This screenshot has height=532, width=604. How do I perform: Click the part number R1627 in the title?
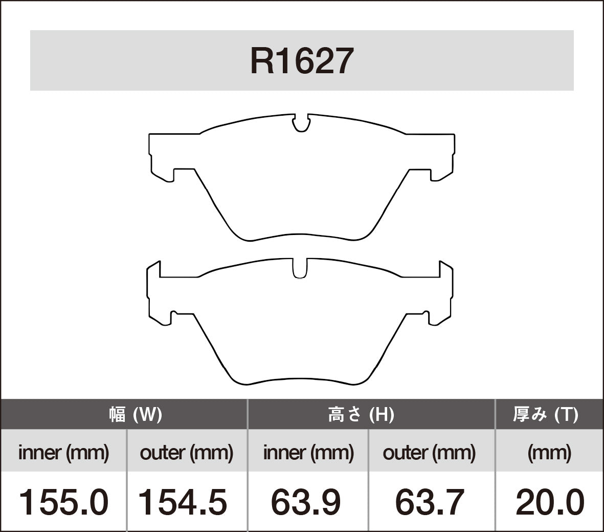click(302, 61)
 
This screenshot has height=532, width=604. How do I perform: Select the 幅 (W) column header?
click(136, 414)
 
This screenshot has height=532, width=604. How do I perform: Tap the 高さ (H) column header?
click(361, 414)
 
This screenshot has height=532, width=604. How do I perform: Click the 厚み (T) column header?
click(545, 414)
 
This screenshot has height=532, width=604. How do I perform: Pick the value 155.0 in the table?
click(64, 502)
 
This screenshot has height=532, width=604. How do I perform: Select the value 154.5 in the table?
click(183, 502)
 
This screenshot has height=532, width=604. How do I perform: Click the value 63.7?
click(430, 502)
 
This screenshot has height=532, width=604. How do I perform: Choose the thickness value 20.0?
click(549, 502)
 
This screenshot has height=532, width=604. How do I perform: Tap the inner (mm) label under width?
click(64, 453)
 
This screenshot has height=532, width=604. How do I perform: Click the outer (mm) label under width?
click(187, 453)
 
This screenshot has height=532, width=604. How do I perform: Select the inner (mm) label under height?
click(308, 453)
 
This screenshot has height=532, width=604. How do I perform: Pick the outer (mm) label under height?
click(430, 453)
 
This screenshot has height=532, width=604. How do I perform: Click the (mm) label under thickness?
click(549, 453)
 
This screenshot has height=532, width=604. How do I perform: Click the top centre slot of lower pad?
click(300, 268)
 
